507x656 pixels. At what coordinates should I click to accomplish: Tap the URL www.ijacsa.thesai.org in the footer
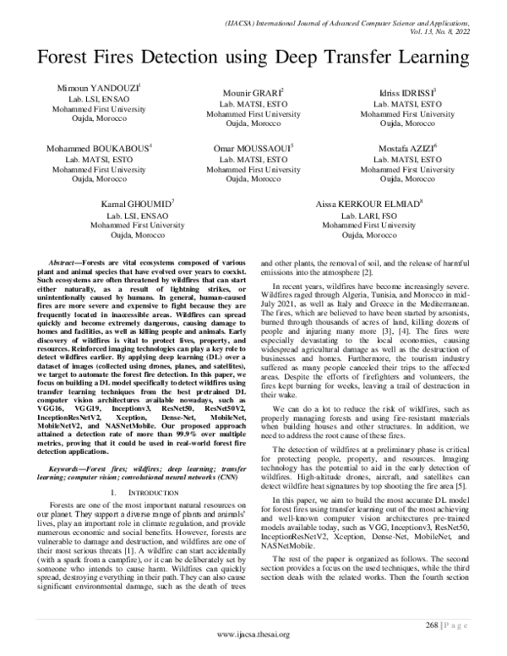[253, 635]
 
